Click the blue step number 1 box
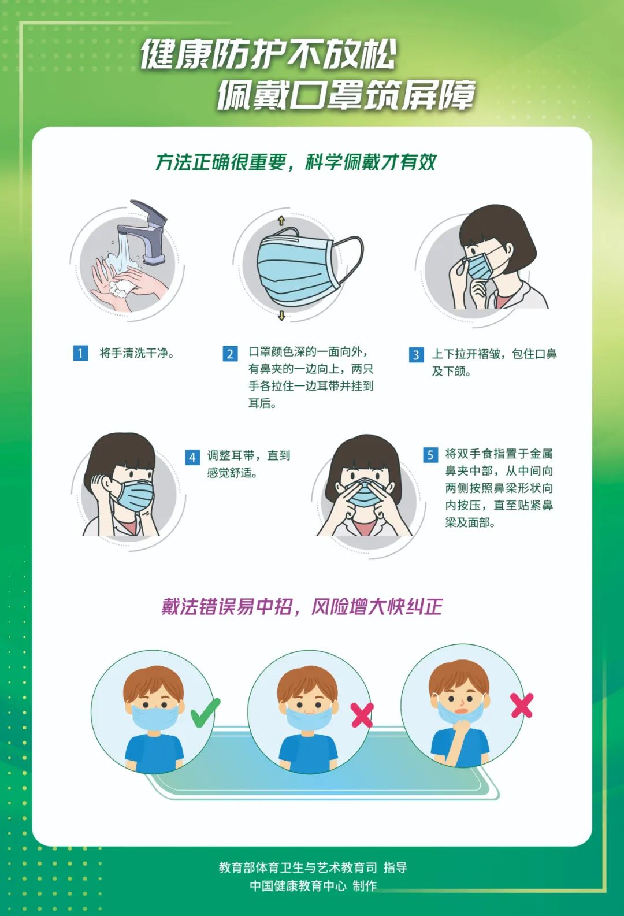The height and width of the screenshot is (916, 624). (x=80, y=353)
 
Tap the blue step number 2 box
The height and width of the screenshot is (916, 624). (x=230, y=353)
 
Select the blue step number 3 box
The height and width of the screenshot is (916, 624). (x=416, y=354)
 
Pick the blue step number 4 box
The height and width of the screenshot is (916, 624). (x=192, y=457)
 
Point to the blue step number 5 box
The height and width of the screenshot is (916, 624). (x=430, y=455)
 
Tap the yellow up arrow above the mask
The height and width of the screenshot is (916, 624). (x=281, y=220)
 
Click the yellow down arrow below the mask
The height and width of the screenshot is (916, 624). (x=281, y=316)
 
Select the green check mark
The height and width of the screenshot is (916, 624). (x=205, y=713)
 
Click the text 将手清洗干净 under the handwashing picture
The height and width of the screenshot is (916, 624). (x=136, y=353)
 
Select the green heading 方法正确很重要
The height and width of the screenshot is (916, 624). (x=220, y=162)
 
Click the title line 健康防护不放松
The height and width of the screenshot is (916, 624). (x=268, y=55)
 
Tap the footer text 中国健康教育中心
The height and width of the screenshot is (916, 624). (x=298, y=886)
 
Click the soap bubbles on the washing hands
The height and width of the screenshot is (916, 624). (x=122, y=287)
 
